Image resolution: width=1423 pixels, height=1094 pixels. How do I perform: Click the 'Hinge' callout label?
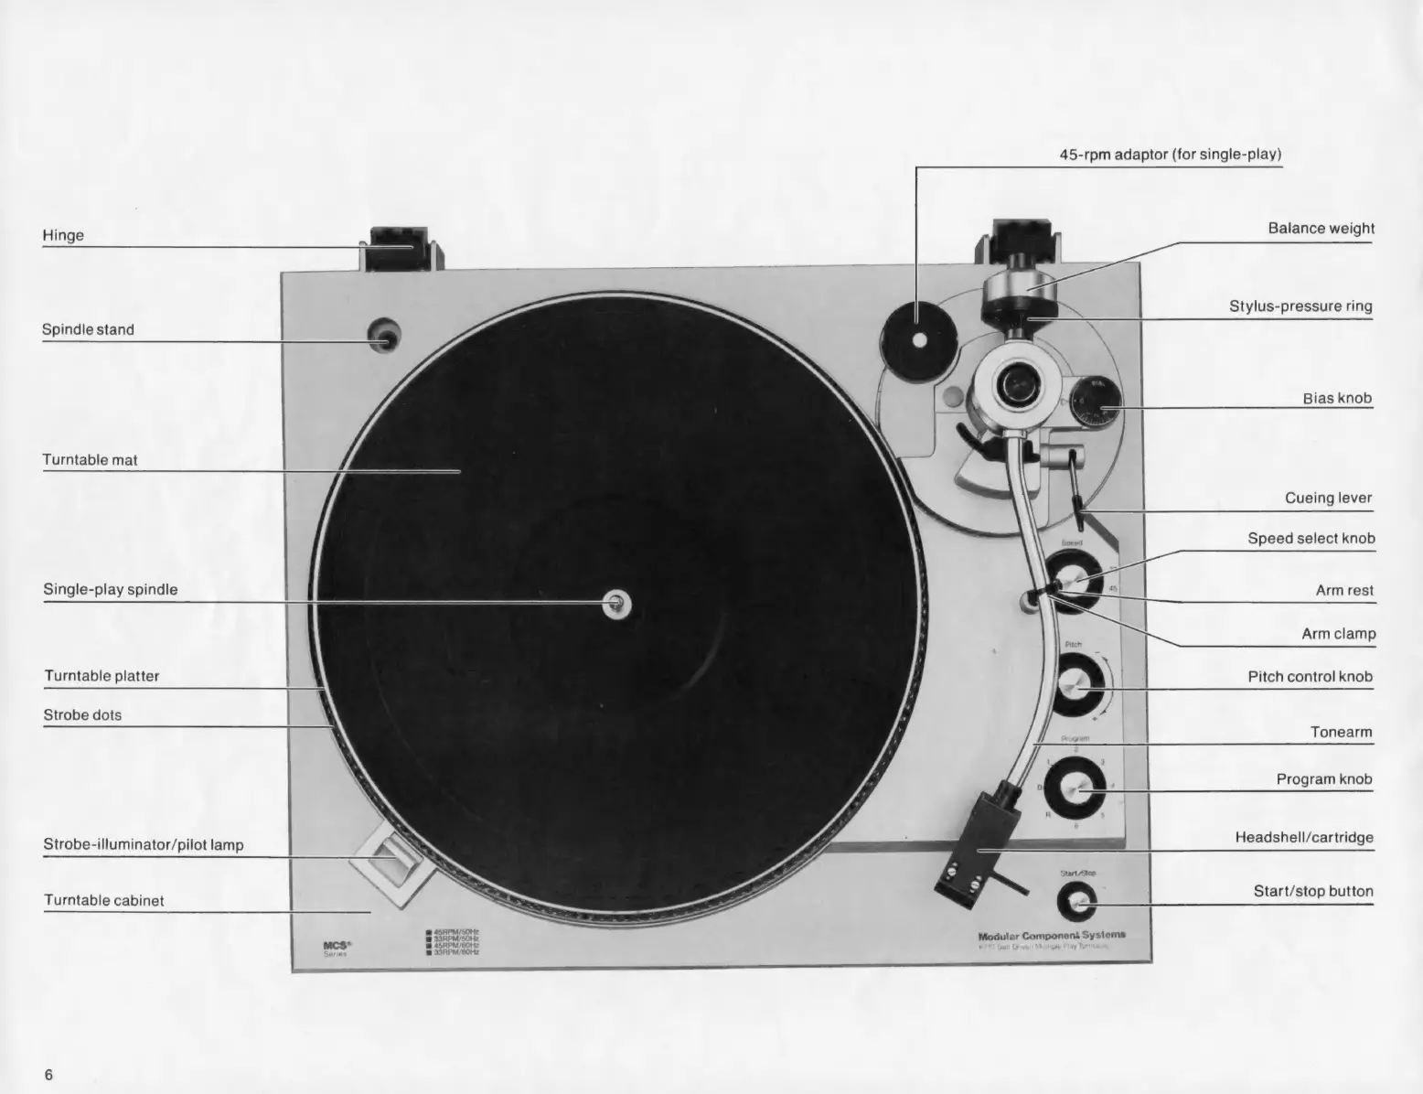63,235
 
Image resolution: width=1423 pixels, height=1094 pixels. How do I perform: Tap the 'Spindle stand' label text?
88,329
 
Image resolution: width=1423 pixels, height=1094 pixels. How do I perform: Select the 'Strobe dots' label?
82,715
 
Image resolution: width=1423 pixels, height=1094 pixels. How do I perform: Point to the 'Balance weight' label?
1321,229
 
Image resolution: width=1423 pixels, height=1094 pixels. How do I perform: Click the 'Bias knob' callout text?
1337,398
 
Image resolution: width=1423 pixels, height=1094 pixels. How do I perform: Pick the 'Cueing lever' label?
1328,499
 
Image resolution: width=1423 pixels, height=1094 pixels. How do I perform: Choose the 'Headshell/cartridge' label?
1304,837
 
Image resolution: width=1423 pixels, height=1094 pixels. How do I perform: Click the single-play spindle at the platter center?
618,602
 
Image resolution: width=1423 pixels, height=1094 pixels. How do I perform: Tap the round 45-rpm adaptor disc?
917,339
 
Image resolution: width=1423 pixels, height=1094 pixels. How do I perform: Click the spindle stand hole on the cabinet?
384,337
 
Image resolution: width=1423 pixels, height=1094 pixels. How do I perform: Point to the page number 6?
49,1074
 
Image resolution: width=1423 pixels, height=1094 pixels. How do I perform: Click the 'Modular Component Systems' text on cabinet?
1052,936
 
